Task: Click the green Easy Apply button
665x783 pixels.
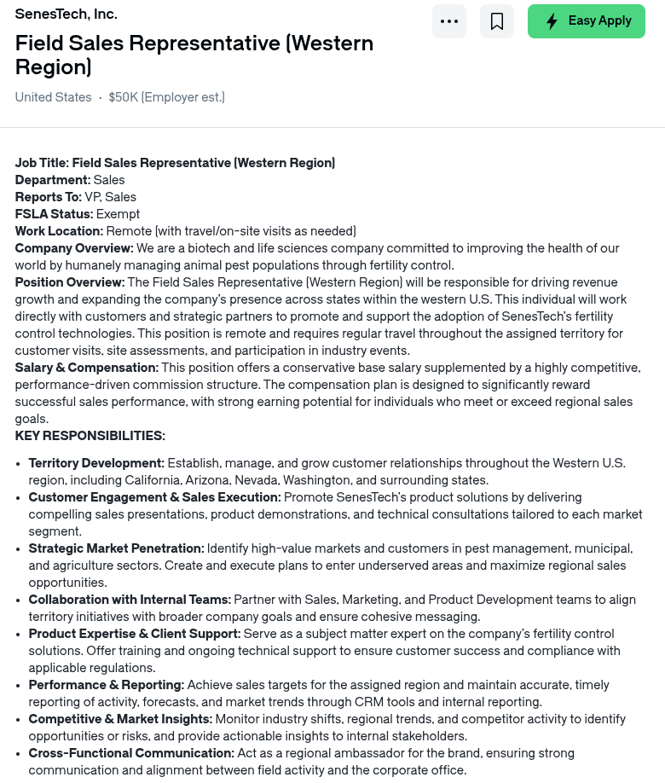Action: (587, 21)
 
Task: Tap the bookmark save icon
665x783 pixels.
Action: (497, 21)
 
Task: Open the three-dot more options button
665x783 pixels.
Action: (449, 21)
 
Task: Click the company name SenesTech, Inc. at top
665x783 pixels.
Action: (66, 14)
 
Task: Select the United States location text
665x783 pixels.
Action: (53, 97)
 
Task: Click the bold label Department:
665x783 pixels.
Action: (53, 180)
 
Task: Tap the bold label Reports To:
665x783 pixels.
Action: (49, 197)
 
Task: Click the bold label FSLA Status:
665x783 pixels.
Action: (54, 214)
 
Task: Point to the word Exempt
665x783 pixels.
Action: (118, 214)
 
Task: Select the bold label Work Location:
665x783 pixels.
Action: (59, 231)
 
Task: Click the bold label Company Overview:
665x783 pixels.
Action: (74, 248)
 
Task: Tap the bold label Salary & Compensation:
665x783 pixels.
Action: (87, 368)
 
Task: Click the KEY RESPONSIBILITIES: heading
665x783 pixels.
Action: (90, 436)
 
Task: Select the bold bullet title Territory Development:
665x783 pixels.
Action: (96, 463)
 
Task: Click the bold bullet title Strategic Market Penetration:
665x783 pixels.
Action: (116, 548)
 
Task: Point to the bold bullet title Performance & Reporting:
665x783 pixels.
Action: (107, 685)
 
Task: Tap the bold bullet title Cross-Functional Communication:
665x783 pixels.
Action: (131, 753)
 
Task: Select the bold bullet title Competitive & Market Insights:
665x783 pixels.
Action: (120, 719)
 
